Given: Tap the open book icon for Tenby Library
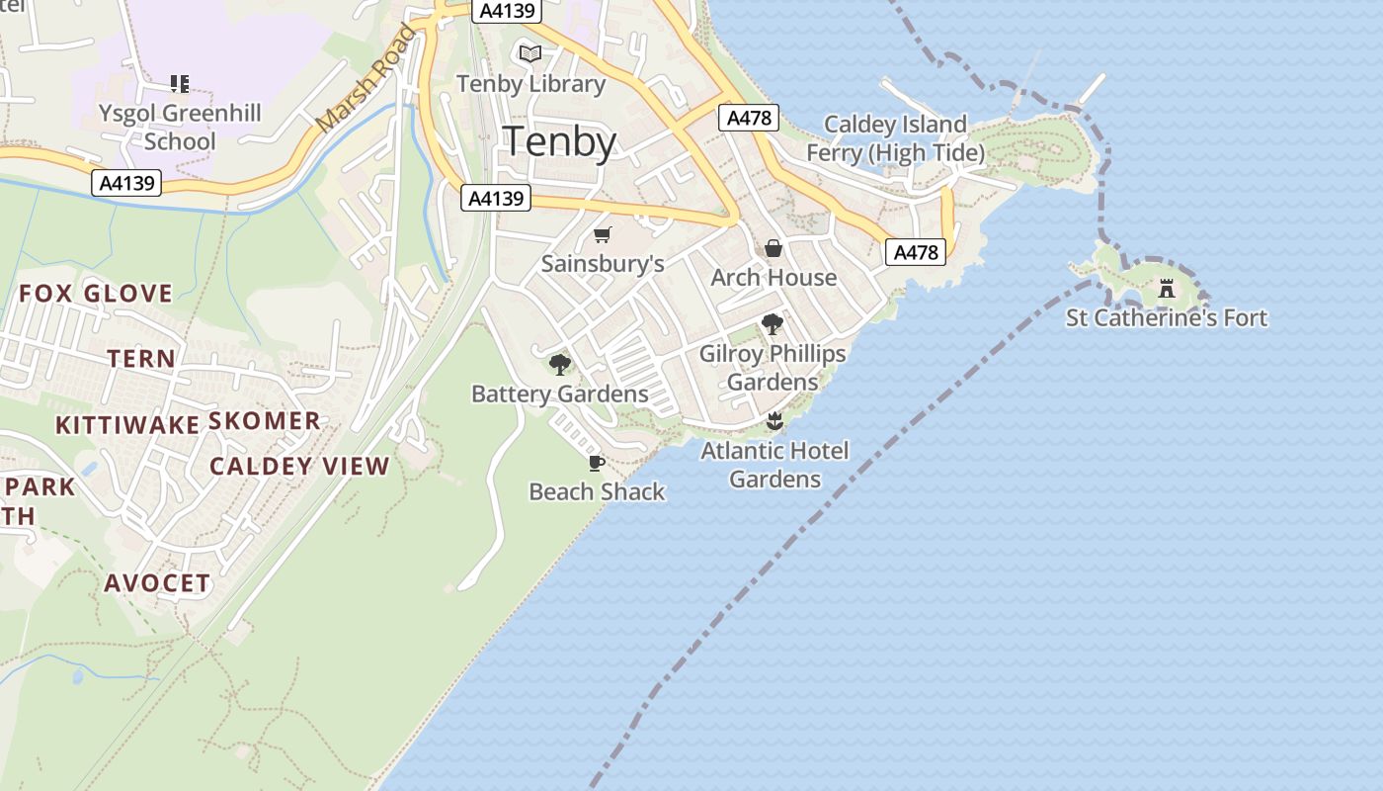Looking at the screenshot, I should tap(530, 53).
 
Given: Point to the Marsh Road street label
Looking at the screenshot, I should tap(366, 79).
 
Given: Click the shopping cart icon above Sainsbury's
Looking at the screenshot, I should tap(603, 234).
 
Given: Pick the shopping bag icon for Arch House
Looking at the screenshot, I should tap(773, 247).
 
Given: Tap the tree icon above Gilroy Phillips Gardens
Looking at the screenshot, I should tap(773, 324).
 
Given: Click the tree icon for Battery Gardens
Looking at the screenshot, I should tap(560, 365).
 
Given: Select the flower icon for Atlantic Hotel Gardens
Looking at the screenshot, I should tap(774, 422).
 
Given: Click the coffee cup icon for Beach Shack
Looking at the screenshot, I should tap(596, 463).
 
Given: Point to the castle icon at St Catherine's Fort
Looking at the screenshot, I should tap(1167, 289).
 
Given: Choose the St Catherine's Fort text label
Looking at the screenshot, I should tap(1167, 317).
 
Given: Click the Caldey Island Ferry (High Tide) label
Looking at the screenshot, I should tap(895, 138).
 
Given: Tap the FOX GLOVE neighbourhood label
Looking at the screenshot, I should tap(96, 293).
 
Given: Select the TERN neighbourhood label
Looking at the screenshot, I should tap(141, 358).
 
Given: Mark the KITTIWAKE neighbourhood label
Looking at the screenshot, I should tap(127, 425).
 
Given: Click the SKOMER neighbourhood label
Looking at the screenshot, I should tap(264, 420).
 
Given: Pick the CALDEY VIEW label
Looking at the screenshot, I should tap(299, 466).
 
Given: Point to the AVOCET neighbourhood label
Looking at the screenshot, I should tap(157, 582).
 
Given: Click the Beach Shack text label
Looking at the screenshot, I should tap(597, 491).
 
